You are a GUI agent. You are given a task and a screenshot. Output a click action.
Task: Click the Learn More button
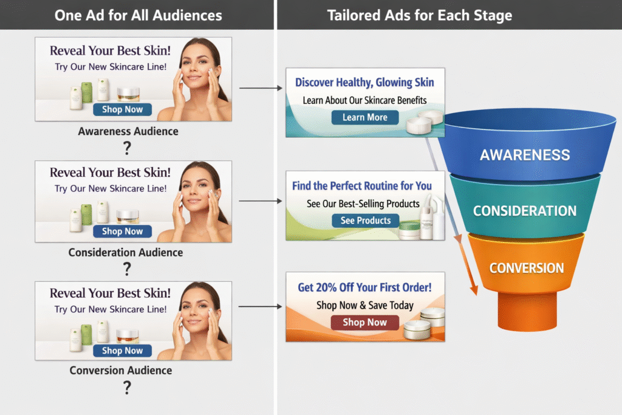click(x=364, y=117)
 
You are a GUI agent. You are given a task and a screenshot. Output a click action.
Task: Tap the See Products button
click(x=365, y=220)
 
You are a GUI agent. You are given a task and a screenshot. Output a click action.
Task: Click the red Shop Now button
click(x=364, y=322)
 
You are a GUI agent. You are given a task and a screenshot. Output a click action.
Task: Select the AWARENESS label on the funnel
click(x=525, y=154)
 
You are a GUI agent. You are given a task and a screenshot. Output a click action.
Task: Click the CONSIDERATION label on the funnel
click(x=525, y=211)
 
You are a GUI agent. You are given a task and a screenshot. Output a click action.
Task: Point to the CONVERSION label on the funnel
click(x=526, y=268)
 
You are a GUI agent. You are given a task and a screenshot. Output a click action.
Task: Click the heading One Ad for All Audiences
click(x=138, y=15)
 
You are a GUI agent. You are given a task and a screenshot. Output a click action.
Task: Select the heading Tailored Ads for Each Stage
click(x=419, y=15)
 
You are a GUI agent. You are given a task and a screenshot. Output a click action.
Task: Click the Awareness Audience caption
click(x=128, y=131)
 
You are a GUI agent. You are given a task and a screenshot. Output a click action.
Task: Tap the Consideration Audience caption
click(x=126, y=252)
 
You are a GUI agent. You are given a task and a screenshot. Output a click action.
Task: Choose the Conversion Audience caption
click(x=129, y=370)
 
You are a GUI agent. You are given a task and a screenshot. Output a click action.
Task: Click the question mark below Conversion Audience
click(x=127, y=387)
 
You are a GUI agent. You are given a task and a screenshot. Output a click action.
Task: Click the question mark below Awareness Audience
click(x=127, y=148)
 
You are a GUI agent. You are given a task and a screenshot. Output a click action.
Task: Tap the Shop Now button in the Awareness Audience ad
click(x=122, y=109)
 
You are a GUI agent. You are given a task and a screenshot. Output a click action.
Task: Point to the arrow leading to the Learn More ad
click(x=261, y=88)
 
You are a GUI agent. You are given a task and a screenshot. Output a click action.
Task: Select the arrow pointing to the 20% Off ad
click(x=261, y=306)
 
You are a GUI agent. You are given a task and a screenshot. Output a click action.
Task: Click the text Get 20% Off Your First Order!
click(x=364, y=287)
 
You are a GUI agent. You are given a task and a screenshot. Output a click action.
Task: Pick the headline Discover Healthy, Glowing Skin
click(x=364, y=83)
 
